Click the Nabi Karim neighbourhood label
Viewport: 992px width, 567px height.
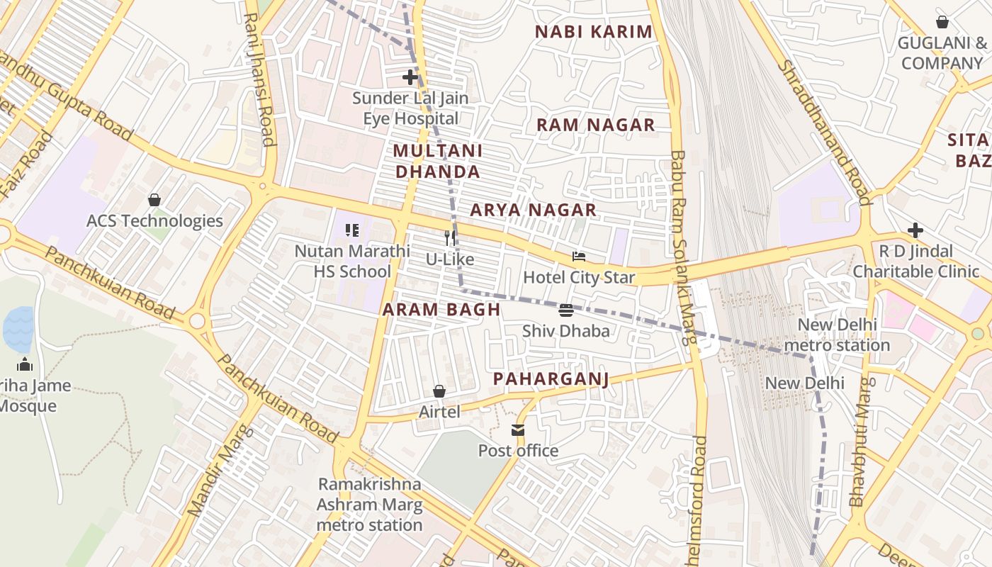point(593,32)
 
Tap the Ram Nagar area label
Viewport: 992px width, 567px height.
point(595,125)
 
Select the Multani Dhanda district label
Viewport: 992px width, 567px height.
point(438,161)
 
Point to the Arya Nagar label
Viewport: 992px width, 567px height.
point(533,210)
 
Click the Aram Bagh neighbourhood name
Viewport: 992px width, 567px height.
point(441,310)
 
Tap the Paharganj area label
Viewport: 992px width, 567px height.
point(551,379)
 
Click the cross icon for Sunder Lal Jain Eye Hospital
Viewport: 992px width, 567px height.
point(410,77)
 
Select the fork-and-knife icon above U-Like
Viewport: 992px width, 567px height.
point(450,238)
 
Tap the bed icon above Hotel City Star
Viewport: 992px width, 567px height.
point(579,257)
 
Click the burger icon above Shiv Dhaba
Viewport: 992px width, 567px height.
point(565,310)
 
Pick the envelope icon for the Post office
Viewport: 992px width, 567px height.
point(518,430)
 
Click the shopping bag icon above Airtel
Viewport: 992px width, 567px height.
point(439,391)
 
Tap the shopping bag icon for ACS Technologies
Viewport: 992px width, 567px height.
point(154,200)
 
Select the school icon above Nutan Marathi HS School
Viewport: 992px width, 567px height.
point(352,230)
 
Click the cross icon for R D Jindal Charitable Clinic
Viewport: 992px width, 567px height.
point(915,230)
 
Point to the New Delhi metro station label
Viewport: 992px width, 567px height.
point(843,335)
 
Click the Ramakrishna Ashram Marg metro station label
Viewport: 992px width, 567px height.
point(369,505)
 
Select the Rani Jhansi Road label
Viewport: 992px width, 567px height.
point(258,79)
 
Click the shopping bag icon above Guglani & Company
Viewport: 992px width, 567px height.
point(942,22)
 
